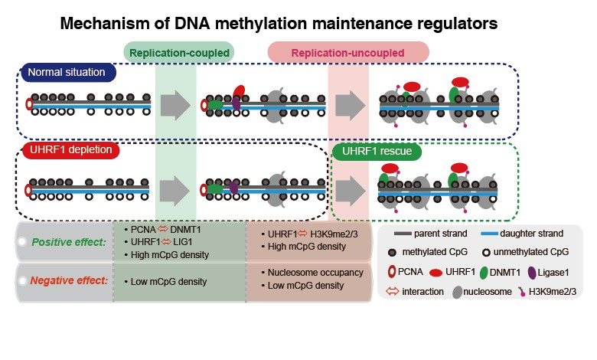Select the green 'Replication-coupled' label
(x=179, y=52)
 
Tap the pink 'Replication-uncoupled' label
(x=347, y=52)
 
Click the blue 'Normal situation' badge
(x=68, y=73)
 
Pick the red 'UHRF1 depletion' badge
(x=69, y=150)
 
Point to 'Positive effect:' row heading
(x=67, y=242)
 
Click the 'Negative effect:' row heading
(x=67, y=281)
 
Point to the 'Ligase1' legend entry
(x=553, y=272)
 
